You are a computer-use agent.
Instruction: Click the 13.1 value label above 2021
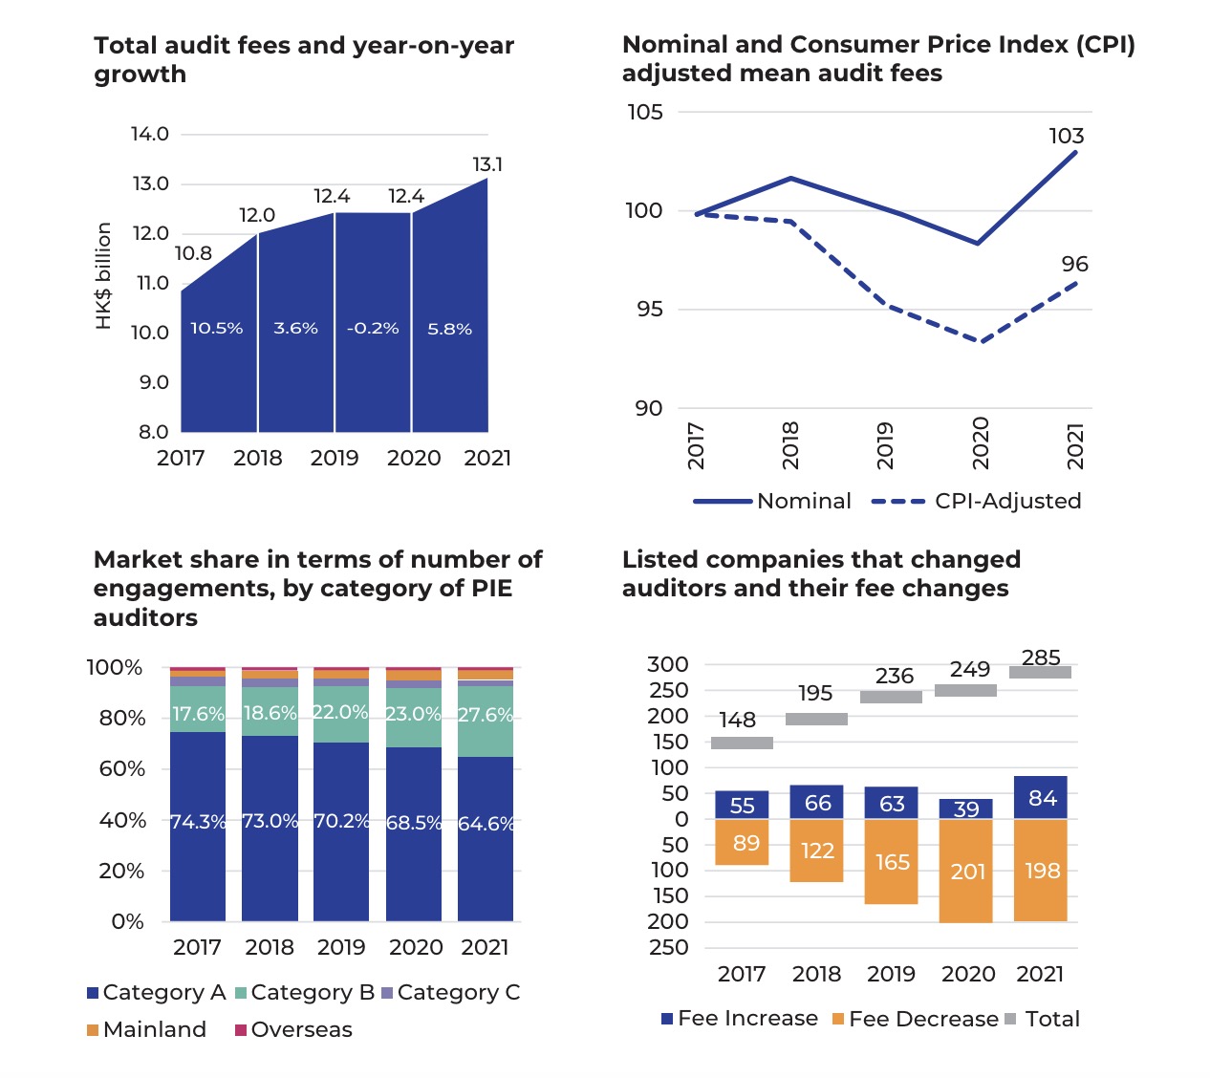click(x=487, y=165)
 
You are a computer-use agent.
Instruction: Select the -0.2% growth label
click(x=373, y=329)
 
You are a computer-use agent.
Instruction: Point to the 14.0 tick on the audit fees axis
click(x=150, y=134)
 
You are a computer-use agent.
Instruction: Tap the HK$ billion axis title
click(x=104, y=276)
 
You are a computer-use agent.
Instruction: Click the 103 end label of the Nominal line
click(x=1066, y=136)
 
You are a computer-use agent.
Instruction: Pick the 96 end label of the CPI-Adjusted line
click(x=1074, y=264)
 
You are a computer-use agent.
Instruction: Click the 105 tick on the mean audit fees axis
click(x=644, y=112)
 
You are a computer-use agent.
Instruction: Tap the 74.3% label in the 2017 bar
click(x=198, y=822)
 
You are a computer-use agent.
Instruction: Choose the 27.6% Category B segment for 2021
click(x=486, y=716)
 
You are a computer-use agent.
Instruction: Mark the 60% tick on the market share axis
click(x=121, y=769)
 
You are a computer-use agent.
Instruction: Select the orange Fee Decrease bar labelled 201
click(x=966, y=871)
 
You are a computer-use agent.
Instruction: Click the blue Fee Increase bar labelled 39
click(x=966, y=808)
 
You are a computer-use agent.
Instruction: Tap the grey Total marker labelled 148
click(x=742, y=743)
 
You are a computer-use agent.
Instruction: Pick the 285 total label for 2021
click(x=1041, y=658)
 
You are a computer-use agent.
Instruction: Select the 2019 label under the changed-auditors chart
click(x=891, y=974)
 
